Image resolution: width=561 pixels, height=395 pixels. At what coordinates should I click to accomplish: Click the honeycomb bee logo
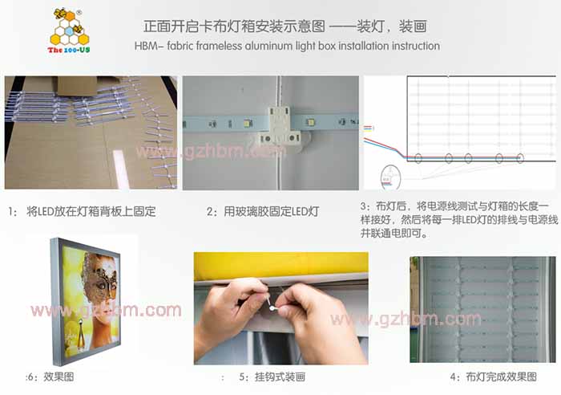coord(70,26)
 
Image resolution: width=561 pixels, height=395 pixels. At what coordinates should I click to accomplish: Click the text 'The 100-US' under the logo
coord(69,50)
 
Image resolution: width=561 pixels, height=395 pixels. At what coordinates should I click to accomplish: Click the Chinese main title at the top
coord(285,26)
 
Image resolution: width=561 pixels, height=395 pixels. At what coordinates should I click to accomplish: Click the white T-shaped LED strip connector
coord(280,125)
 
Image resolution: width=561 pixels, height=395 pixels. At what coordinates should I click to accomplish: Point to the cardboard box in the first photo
coord(77,85)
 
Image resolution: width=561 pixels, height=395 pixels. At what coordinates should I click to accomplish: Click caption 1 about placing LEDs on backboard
coord(82,211)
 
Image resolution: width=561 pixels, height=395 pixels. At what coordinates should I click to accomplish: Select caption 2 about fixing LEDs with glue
coord(263,211)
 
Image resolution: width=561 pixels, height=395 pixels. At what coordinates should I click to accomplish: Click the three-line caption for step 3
coord(459,219)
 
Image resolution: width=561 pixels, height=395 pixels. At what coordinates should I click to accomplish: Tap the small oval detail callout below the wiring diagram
coord(390,177)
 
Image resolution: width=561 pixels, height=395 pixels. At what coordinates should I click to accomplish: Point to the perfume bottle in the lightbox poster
coord(81,335)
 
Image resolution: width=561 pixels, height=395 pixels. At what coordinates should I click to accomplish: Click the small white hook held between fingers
coord(271,303)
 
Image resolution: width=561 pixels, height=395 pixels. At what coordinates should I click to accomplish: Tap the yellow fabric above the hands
coord(280,266)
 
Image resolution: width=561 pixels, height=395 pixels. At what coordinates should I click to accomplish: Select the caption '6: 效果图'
coord(50,377)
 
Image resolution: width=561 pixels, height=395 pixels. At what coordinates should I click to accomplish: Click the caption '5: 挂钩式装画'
coord(272,377)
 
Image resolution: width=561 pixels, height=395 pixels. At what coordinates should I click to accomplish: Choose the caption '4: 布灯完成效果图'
coord(494,377)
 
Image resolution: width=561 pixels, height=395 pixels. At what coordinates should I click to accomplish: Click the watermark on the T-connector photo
coord(211,153)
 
